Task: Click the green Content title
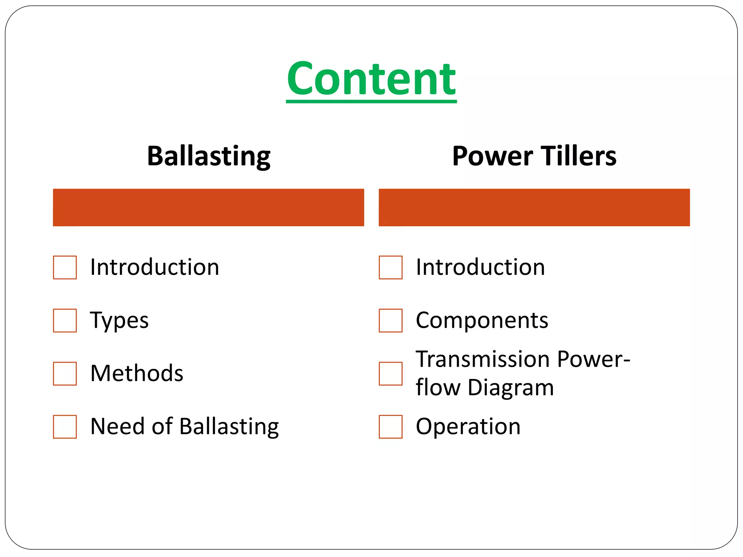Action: click(x=371, y=79)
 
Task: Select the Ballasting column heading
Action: click(x=209, y=156)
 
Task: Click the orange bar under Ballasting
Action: click(x=209, y=207)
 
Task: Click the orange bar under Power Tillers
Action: click(x=534, y=207)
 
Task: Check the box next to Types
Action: click(x=65, y=321)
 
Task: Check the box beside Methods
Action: click(x=65, y=374)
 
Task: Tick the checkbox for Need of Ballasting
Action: click(x=65, y=427)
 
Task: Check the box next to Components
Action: click(x=390, y=321)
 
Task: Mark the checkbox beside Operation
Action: click(x=390, y=427)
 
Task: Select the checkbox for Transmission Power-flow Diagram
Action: click(x=390, y=374)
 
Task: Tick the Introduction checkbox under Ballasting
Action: click(x=65, y=268)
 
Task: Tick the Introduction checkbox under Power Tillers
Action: click(x=390, y=268)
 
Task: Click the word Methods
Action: click(x=137, y=373)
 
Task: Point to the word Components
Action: click(x=482, y=320)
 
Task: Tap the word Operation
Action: click(x=468, y=426)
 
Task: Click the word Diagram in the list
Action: click(x=511, y=388)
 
